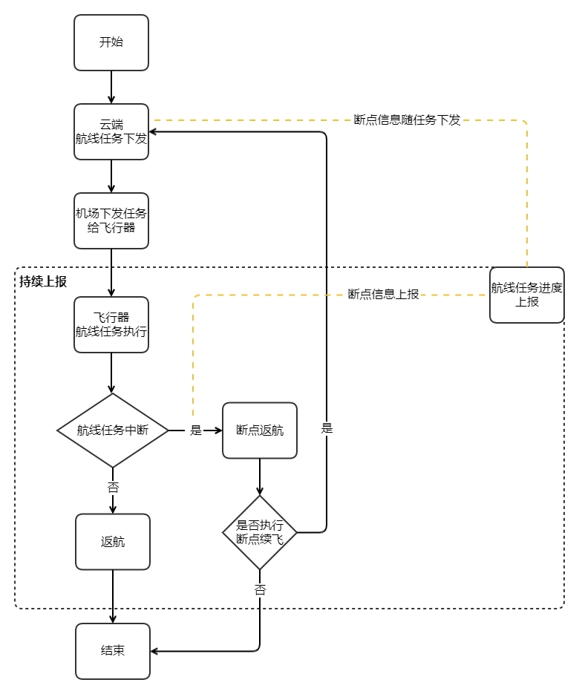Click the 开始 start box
pyautogui.click(x=111, y=42)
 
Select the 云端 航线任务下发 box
pyautogui.click(x=111, y=131)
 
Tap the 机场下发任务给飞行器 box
pyautogui.click(x=111, y=220)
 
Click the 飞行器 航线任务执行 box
pyautogui.click(x=111, y=324)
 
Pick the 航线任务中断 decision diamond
pyautogui.click(x=113, y=430)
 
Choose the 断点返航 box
pyautogui.click(x=260, y=430)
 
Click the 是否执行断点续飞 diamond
pyautogui.click(x=260, y=532)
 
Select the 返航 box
pyautogui.click(x=113, y=542)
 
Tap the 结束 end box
pyautogui.click(x=113, y=651)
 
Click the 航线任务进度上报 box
pyautogui.click(x=526, y=295)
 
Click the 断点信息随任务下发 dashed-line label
pyautogui.click(x=407, y=120)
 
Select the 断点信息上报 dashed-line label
pyautogui.click(x=383, y=294)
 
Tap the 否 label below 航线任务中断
pyautogui.click(x=113, y=488)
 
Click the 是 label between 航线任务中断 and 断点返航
pyautogui.click(x=196, y=430)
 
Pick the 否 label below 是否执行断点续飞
pyautogui.click(x=260, y=590)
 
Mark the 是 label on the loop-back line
pyautogui.click(x=327, y=428)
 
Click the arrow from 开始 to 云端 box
pyautogui.click(x=111, y=87)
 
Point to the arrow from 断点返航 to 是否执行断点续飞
pyautogui.click(x=260, y=477)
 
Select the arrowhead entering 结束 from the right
pyautogui.click(x=154, y=651)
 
